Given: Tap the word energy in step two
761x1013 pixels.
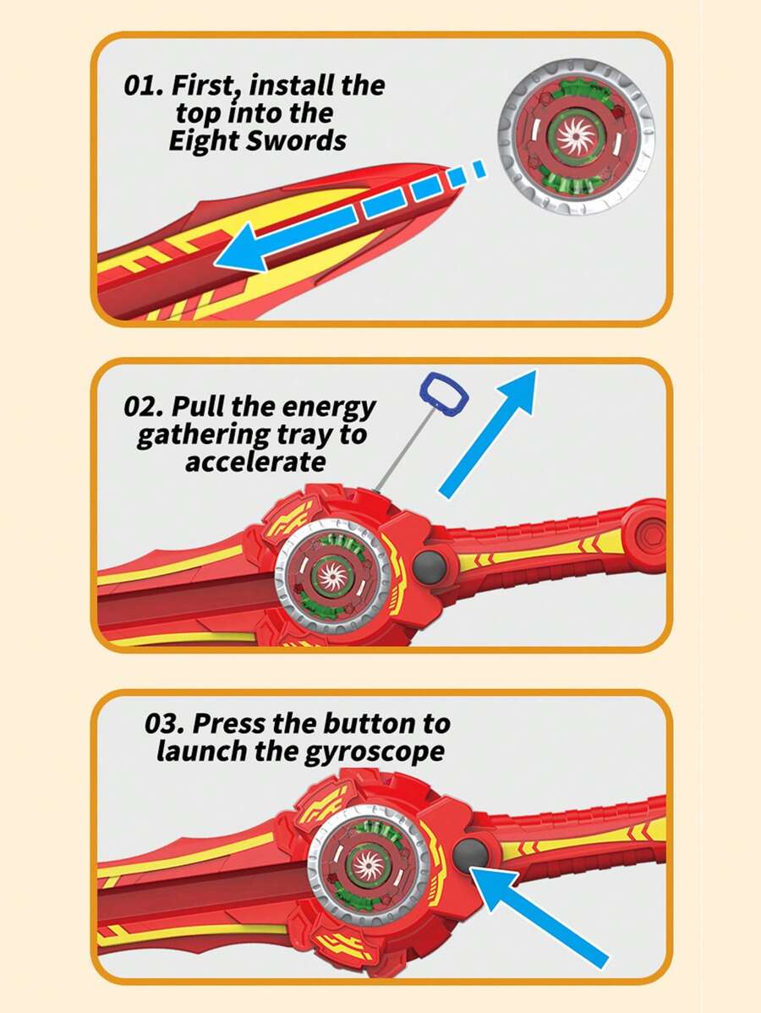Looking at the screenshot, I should click(x=327, y=407).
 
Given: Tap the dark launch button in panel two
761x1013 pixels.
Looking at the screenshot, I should click(x=432, y=565).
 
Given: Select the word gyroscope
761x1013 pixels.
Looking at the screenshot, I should click(x=374, y=752).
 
